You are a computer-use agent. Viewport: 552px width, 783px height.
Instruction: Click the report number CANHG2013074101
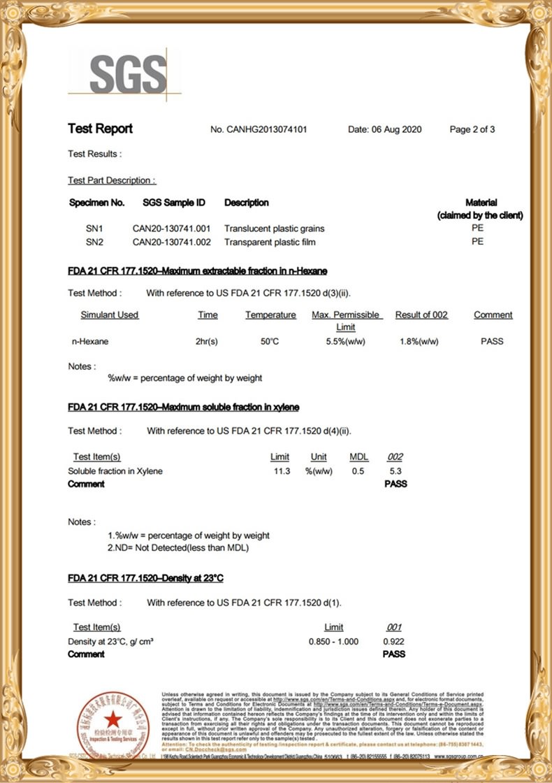(258, 129)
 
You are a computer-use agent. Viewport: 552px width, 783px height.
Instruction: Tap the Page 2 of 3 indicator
(472, 129)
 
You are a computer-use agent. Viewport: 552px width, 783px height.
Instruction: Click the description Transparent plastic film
(270, 242)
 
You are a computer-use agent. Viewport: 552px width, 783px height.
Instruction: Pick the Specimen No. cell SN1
(94, 229)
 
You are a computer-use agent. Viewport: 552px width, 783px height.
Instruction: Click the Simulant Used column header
(110, 315)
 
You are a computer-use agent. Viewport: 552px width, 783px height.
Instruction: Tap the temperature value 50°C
(270, 342)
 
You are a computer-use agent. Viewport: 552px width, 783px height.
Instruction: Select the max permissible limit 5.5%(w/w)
(345, 342)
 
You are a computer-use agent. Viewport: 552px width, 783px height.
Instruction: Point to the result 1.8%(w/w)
(419, 342)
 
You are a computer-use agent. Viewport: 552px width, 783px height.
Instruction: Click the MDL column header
(358, 457)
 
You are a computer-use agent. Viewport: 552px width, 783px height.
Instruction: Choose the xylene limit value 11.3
(282, 471)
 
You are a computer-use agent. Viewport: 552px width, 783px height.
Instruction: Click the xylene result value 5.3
(395, 471)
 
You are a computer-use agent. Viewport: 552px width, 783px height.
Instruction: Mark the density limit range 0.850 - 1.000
(333, 642)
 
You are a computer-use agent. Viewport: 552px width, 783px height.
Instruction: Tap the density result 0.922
(393, 642)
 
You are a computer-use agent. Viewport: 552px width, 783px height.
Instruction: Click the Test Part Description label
(112, 180)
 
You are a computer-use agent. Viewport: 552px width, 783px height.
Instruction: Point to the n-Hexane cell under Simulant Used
(90, 342)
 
